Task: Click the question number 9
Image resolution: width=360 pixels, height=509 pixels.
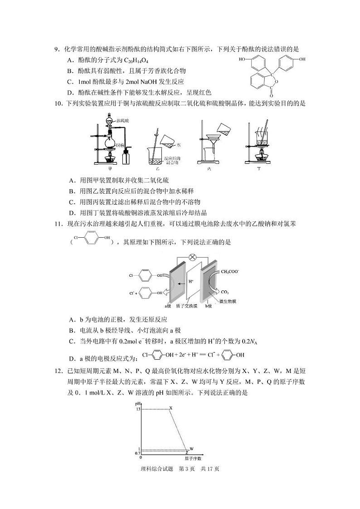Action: click(x=56, y=49)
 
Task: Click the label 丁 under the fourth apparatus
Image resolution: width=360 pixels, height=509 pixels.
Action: click(x=259, y=168)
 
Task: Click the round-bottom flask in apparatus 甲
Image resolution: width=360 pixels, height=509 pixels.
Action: click(x=109, y=142)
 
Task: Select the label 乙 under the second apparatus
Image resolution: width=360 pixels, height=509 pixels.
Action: click(x=158, y=168)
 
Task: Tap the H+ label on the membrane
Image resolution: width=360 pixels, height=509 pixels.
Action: click(x=191, y=281)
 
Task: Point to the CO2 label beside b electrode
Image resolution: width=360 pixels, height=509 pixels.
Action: click(x=225, y=291)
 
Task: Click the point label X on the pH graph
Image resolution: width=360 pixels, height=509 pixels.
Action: click(x=171, y=408)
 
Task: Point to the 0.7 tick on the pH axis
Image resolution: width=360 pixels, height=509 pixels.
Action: click(x=138, y=453)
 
